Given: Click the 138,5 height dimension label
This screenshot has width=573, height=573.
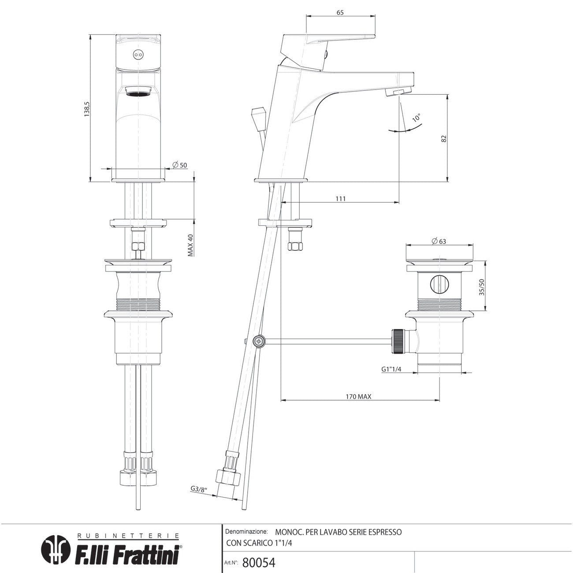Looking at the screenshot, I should coord(87,108).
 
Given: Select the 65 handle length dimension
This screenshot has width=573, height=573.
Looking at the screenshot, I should coord(340,12).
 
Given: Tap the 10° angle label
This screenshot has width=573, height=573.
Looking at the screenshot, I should coord(416,118).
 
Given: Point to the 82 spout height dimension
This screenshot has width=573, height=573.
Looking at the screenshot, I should coord(444,138).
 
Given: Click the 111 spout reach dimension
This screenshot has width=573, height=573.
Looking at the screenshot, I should coord(340,199).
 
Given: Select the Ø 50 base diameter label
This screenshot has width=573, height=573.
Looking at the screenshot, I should coord(180,164).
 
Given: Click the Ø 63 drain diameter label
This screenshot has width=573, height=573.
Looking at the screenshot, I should coord(439,241).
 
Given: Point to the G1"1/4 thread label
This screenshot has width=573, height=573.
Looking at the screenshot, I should coord(391,369).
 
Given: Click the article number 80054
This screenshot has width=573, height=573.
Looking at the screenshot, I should coord(259,562).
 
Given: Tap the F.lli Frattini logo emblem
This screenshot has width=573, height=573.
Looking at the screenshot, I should coord(56,549).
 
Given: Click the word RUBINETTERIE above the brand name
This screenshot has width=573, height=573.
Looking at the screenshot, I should coord(128,536).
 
